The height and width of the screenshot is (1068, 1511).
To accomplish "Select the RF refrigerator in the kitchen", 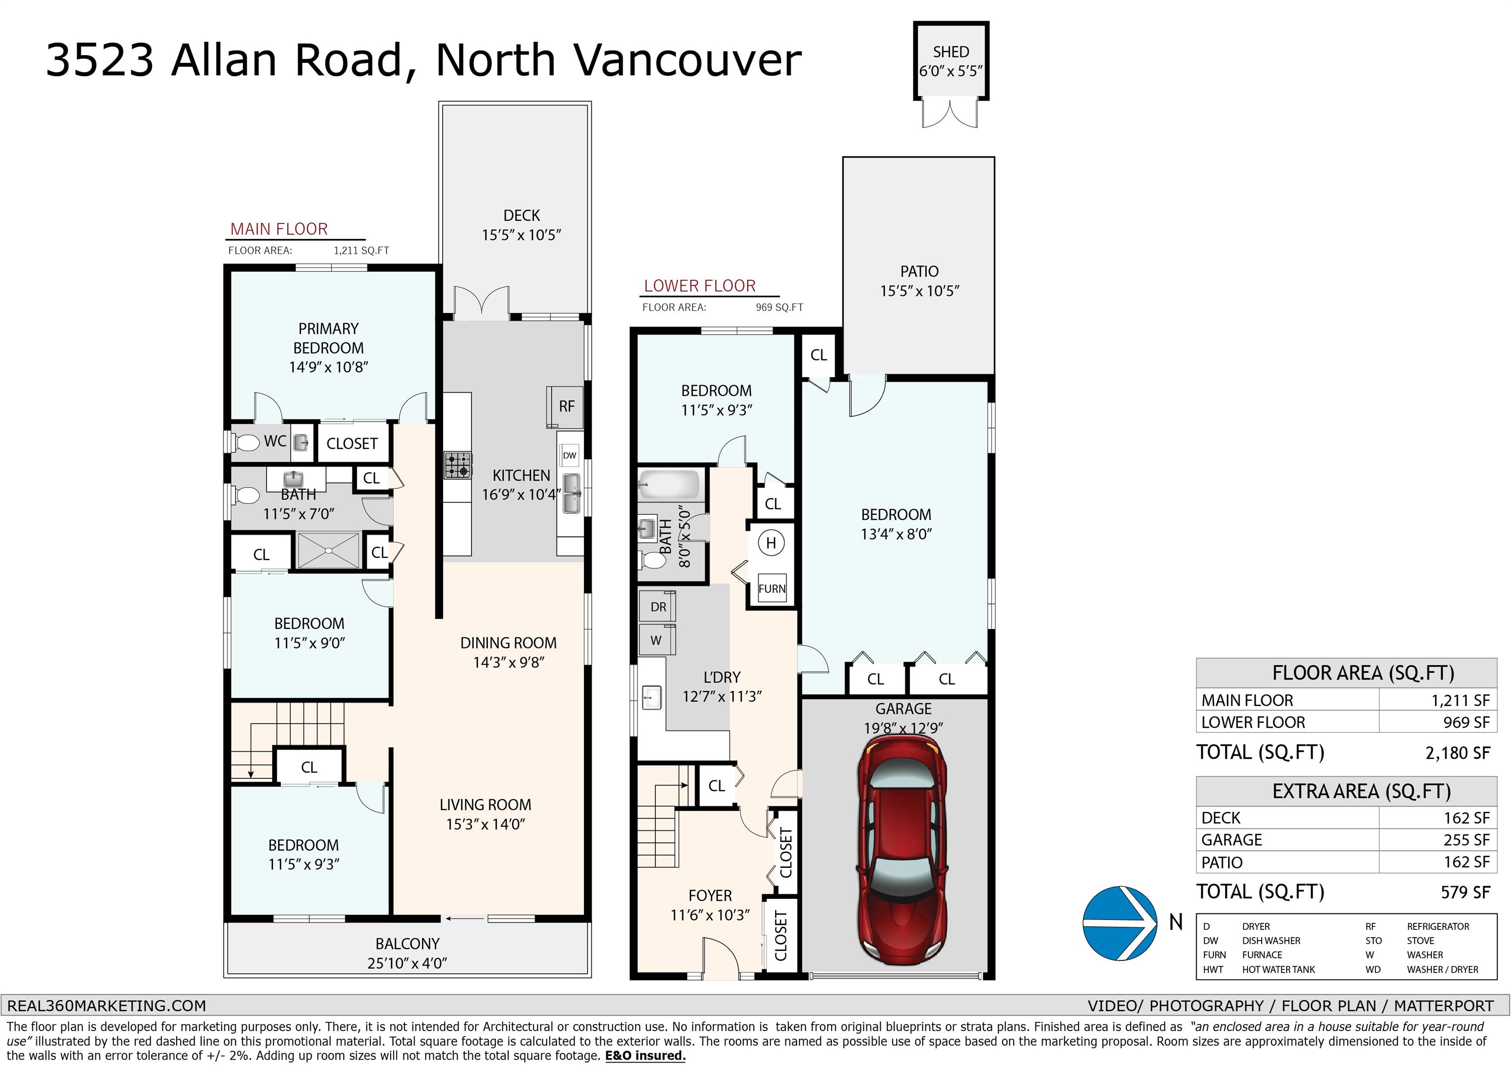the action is pyautogui.click(x=565, y=407).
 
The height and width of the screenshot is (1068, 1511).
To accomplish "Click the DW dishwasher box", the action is pyautogui.click(x=569, y=455).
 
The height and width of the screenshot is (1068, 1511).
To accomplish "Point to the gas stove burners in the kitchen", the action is pyautogui.click(x=457, y=465).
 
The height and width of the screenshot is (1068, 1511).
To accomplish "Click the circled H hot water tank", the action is pyautogui.click(x=771, y=543).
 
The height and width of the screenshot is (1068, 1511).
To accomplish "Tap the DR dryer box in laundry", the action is pyautogui.click(x=658, y=607).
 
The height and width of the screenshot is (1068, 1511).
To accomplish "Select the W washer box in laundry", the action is pyautogui.click(x=656, y=640).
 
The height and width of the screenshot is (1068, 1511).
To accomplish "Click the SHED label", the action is pyautogui.click(x=950, y=52).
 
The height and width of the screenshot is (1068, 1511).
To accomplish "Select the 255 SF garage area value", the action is pyautogui.click(x=1466, y=840).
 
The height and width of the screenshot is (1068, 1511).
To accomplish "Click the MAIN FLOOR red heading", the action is pyautogui.click(x=279, y=229).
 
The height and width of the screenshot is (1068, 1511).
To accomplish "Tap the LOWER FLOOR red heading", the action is pyautogui.click(x=699, y=286).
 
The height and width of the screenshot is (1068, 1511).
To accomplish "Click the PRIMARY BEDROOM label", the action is pyautogui.click(x=329, y=338).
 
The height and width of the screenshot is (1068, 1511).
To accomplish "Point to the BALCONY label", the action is pyautogui.click(x=407, y=944).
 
